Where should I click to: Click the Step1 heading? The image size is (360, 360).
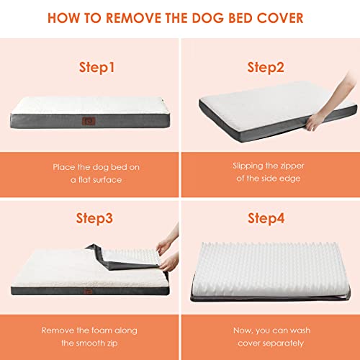pyautogui.click(x=96, y=68)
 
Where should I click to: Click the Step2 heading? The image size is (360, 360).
pyautogui.click(x=266, y=68)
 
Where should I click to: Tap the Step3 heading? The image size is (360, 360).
pyautogui.click(x=94, y=219)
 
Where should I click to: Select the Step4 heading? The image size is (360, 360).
pyautogui.click(x=266, y=219)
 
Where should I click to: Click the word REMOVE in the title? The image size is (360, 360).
pyautogui.click(x=134, y=18)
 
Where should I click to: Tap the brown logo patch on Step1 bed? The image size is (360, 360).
pyautogui.click(x=89, y=122)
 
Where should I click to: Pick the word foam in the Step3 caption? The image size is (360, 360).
pyautogui.click(x=99, y=330)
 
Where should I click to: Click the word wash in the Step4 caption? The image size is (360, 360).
pyautogui.click(x=300, y=330)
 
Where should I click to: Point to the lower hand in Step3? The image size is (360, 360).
pyautogui.click(x=170, y=261)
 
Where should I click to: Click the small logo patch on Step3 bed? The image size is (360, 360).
pyautogui.click(x=88, y=292)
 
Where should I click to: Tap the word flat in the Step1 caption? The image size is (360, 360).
pyautogui.click(x=82, y=180)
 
